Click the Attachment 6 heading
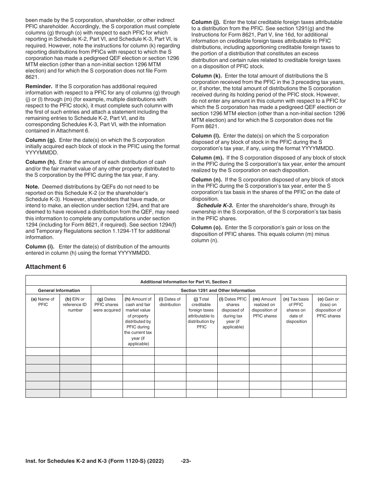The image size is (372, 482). tap(46, 267)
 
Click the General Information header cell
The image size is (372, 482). tap(58, 290)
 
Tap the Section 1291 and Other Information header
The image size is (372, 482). tap(218, 290)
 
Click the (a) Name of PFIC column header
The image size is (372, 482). tap(43, 302)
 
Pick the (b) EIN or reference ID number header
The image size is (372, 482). tap(75, 304)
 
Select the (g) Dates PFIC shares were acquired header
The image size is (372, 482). tap(107, 304)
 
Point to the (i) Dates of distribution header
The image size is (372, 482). tap(170, 302)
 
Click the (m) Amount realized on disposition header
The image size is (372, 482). tap(265, 307)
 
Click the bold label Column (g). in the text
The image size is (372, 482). tap(41, 140)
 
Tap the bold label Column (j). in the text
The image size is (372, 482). tap(206, 22)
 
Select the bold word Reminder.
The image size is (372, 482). tap(39, 86)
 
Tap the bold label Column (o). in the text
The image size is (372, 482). tap(207, 227)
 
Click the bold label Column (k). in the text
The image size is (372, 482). tap(207, 75)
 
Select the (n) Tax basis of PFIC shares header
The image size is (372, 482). tap(296, 310)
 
